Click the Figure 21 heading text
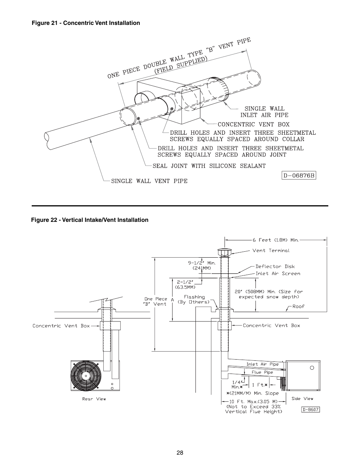(86, 23)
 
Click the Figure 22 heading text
(90, 220)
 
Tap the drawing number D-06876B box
(299, 176)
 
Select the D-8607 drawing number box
(310, 409)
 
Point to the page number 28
(180, 453)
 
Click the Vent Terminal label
(271, 251)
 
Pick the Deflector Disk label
(275, 266)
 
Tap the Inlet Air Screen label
(278, 274)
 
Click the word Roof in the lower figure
(298, 306)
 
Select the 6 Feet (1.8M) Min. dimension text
(275, 240)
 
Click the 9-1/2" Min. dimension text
(202, 263)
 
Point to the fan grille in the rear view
(86, 376)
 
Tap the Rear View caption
(94, 399)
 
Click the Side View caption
(302, 398)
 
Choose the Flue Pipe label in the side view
(262, 372)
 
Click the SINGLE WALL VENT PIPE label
(149, 181)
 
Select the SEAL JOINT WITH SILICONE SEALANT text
(209, 166)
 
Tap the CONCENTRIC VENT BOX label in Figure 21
(254, 124)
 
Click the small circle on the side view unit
(312, 368)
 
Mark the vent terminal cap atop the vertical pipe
(225, 252)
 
